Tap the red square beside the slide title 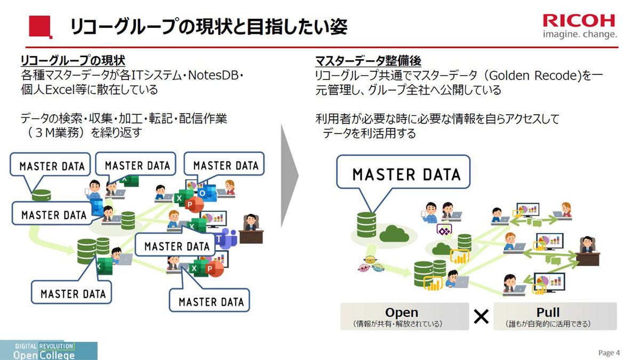coord(41,27)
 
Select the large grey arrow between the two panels coord(290,175)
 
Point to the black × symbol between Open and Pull coord(481,317)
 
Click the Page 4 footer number coord(609,353)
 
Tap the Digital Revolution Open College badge coord(49,350)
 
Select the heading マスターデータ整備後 coord(368,61)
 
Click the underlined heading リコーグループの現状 coord(73,61)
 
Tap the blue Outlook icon coord(207,193)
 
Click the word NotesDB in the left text coord(213,75)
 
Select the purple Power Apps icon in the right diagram coord(444,230)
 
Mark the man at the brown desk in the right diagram coord(588,251)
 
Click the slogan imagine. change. coord(580,35)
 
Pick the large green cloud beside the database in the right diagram coord(394,234)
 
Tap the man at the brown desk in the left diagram coord(251,229)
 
